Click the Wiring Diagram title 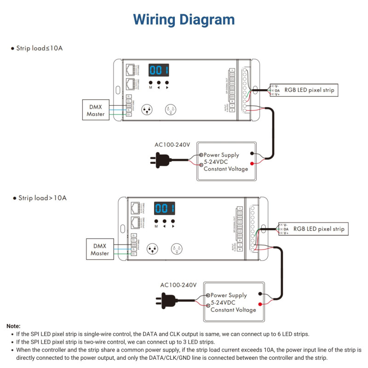184,20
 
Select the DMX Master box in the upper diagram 96,110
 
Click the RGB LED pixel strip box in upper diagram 305,90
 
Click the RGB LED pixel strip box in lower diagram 314,228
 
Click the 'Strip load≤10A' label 37,48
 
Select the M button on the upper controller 150,83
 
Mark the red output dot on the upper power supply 252,164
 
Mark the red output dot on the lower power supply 260,305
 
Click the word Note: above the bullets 13,326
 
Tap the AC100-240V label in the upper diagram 172,145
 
